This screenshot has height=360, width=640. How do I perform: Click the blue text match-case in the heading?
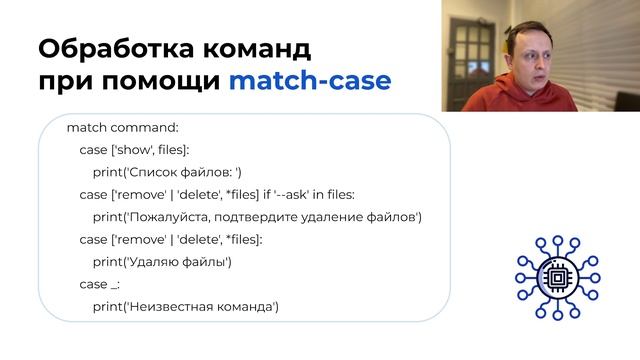pos(310,80)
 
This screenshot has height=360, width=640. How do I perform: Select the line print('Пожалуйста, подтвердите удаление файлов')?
pos(256,217)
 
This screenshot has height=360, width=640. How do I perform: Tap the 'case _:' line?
pos(100,284)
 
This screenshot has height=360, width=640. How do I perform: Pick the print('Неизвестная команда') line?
pos(185,306)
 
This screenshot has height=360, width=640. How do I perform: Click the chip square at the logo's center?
pos(554,274)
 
